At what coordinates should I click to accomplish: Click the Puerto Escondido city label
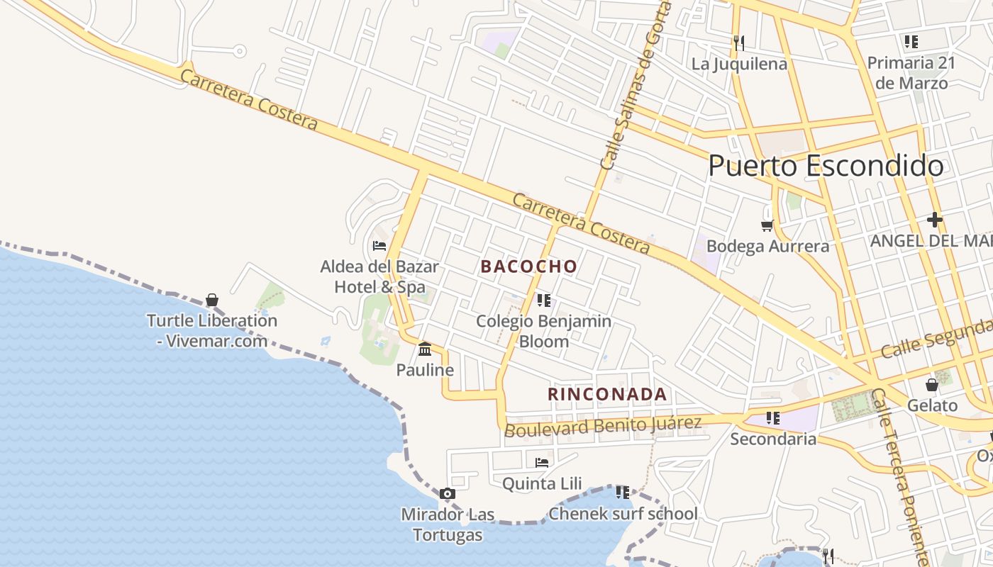(826, 166)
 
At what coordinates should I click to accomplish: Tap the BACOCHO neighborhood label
(528, 266)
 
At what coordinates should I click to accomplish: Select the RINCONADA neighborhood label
(607, 394)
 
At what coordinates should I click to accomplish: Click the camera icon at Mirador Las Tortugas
(447, 493)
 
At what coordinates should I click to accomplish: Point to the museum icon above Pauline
(425, 349)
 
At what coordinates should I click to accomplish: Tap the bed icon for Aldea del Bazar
(379, 246)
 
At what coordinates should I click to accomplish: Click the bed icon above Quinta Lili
(542, 463)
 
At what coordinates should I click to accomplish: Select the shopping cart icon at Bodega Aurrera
(767, 225)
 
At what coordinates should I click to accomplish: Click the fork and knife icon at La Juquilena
(739, 43)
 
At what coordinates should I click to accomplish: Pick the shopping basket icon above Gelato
(932, 385)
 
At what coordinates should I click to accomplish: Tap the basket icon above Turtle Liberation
(211, 300)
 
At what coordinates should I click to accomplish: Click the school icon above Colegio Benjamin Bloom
(543, 301)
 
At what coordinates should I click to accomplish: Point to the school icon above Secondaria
(772, 418)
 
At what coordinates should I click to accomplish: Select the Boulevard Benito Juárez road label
(603, 426)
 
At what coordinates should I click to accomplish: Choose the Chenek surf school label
(623, 514)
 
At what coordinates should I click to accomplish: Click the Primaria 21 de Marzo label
(911, 72)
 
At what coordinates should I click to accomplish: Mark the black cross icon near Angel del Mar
(935, 220)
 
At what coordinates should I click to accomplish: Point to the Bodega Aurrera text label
(767, 246)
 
